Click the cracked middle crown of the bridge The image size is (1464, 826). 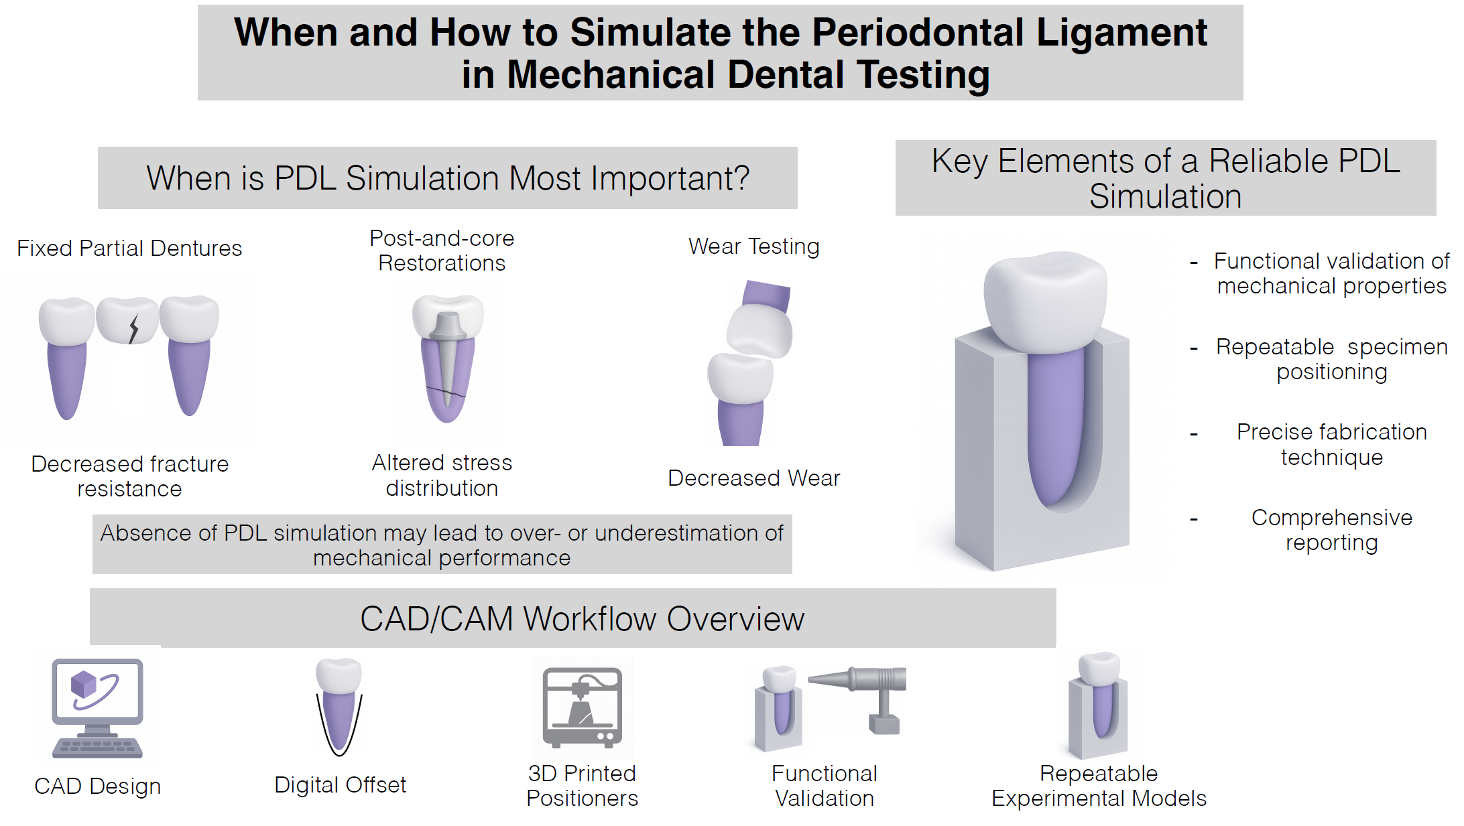click(127, 320)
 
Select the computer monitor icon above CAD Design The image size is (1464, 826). click(98, 690)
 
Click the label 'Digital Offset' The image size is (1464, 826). click(340, 784)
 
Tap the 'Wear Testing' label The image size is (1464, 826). click(753, 247)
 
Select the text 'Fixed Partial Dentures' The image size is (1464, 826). click(129, 249)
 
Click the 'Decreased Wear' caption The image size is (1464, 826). click(753, 478)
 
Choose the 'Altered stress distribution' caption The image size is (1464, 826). click(442, 475)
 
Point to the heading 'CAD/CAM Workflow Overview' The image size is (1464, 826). click(582, 618)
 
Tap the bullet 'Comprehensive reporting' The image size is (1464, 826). click(1331, 530)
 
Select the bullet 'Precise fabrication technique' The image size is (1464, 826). click(1331, 444)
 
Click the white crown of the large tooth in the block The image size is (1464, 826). click(1044, 298)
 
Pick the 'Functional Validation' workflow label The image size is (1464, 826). click(824, 786)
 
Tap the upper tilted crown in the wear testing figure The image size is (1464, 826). click(759, 330)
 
